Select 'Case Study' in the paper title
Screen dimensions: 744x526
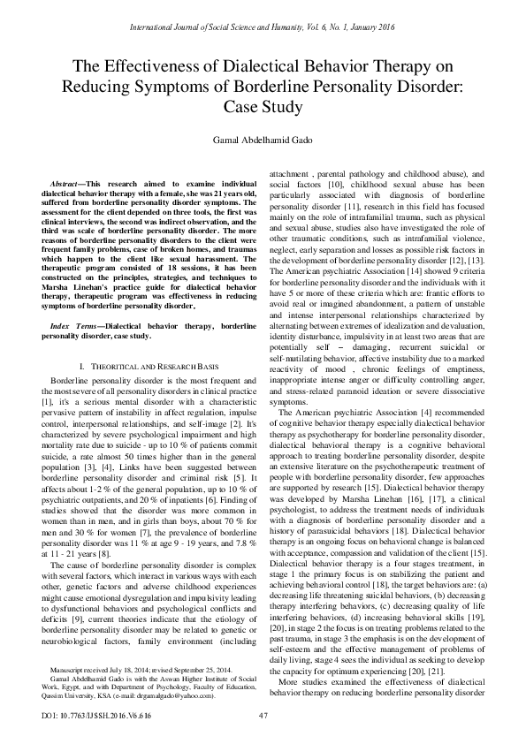263,108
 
